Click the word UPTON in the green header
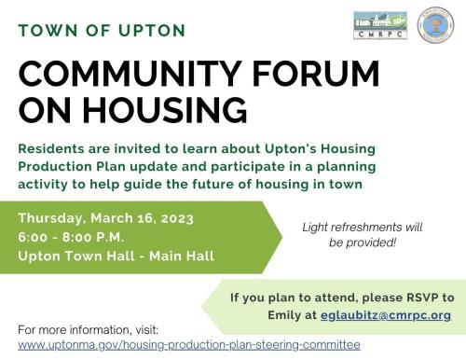(x=150, y=30)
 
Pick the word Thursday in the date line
(x=54, y=218)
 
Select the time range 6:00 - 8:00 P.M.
(x=72, y=237)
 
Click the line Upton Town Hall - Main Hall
(x=116, y=256)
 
